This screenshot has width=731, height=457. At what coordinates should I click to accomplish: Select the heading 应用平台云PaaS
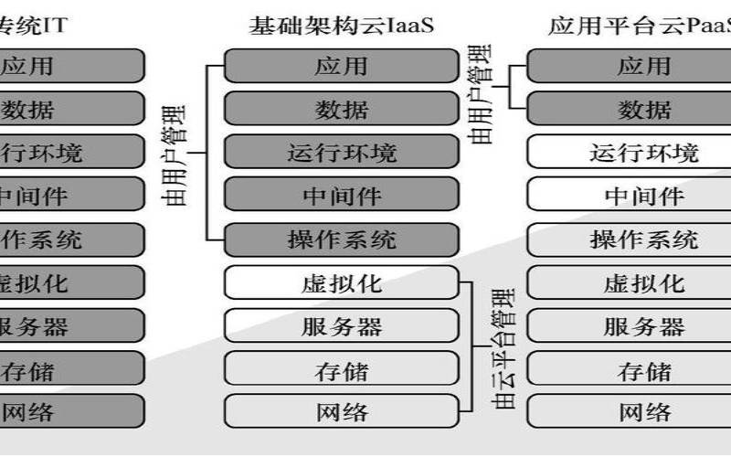pyautogui.click(x=640, y=25)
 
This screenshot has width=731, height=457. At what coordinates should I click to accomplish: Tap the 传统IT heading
pyautogui.click(x=32, y=25)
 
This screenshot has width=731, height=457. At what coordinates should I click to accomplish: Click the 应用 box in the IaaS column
pyautogui.click(x=341, y=66)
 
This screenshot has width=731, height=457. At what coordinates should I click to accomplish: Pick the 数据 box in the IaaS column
pyautogui.click(x=341, y=110)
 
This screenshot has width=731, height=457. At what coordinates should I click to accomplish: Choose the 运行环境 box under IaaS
pyautogui.click(x=341, y=152)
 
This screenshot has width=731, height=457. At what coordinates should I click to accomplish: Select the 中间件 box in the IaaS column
pyautogui.click(x=341, y=195)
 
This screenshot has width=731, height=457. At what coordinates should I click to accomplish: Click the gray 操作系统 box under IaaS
pyautogui.click(x=341, y=239)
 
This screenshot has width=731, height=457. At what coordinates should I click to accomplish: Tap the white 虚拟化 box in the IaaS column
pyautogui.click(x=341, y=282)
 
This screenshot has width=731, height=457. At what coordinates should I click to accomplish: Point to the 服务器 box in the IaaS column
pyautogui.click(x=341, y=326)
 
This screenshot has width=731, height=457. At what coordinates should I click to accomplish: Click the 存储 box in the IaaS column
pyautogui.click(x=341, y=370)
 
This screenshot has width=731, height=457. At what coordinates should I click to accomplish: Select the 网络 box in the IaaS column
pyautogui.click(x=341, y=412)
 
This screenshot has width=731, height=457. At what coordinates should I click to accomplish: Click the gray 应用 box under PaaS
pyautogui.click(x=643, y=66)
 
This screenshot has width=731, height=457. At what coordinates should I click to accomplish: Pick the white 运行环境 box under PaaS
pyautogui.click(x=643, y=152)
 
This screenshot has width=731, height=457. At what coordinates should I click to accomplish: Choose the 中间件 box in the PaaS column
pyautogui.click(x=643, y=195)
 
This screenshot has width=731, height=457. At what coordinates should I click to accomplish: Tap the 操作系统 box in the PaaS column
pyautogui.click(x=643, y=239)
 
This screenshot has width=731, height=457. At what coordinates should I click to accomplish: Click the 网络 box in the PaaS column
pyautogui.click(x=643, y=412)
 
